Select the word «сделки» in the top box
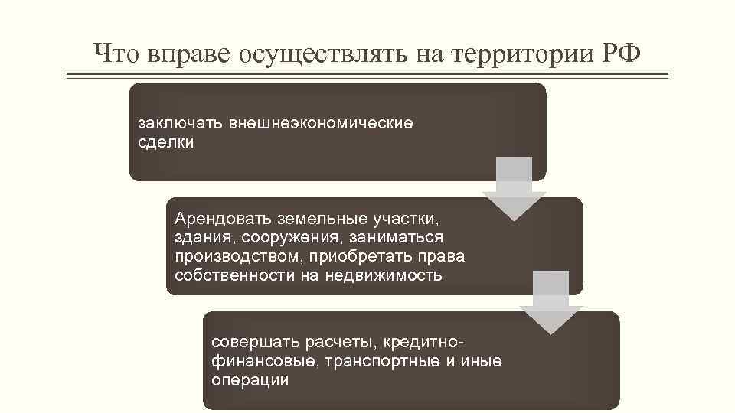point(165,142)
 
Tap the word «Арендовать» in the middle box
point(220,219)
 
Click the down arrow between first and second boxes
point(514,188)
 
